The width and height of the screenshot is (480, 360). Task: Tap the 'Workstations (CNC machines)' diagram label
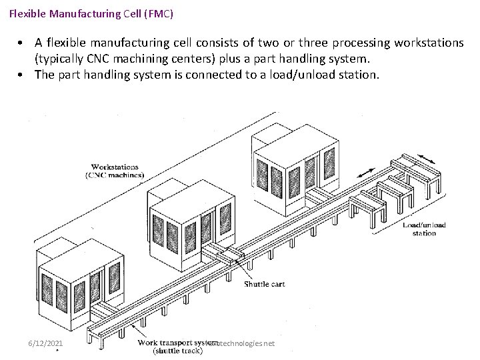pos(115,170)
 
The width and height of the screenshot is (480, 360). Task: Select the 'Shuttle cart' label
pos(264,284)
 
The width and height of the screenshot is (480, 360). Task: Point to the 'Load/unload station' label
pos(424,229)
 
